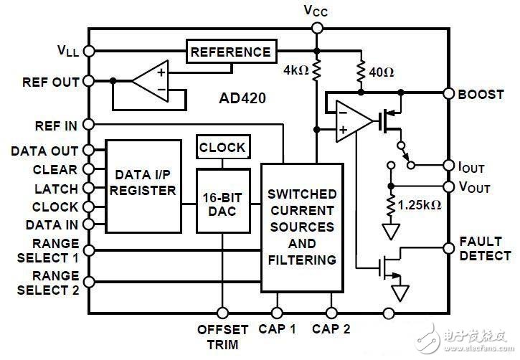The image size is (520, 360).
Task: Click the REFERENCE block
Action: pos(231,52)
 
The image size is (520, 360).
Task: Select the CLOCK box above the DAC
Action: pos(222,148)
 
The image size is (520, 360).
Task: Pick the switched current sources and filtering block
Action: pos(301,227)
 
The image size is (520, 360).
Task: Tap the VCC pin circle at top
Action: pos(316,28)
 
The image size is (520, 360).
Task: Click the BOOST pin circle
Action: pos(449,94)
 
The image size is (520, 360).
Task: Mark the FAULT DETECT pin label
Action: pos(484,249)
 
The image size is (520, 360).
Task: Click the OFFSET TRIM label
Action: pos(222,336)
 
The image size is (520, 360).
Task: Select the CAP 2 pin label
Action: pos(331,330)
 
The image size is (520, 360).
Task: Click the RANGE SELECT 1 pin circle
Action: pos(90,250)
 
